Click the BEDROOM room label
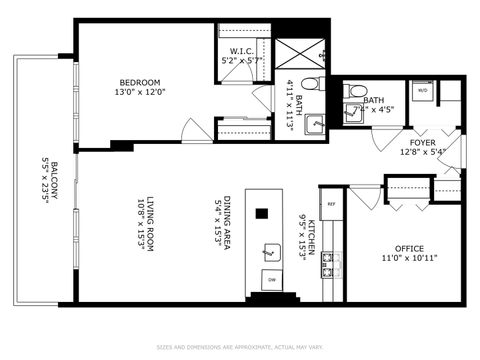(140, 82)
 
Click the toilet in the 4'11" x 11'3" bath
(310, 85)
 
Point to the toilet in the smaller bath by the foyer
(352, 92)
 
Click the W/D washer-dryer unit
(421, 91)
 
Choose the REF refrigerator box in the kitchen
(331, 204)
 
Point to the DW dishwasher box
(269, 279)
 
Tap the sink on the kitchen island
(269, 250)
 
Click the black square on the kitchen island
(263, 212)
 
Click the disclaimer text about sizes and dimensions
(240, 348)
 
